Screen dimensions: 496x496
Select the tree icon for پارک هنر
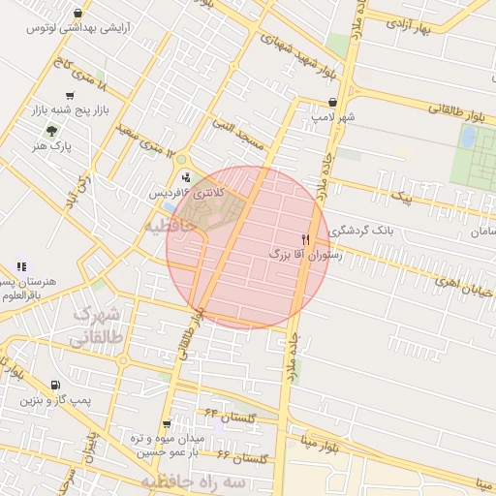[38, 131]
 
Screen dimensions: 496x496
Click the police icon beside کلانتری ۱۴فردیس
[185, 177]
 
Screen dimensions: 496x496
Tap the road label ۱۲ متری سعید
[151, 139]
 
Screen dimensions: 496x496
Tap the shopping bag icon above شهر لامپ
[333, 101]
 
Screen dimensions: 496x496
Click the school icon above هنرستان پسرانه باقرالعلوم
[21, 266]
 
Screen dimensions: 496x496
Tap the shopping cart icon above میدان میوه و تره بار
[167, 424]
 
